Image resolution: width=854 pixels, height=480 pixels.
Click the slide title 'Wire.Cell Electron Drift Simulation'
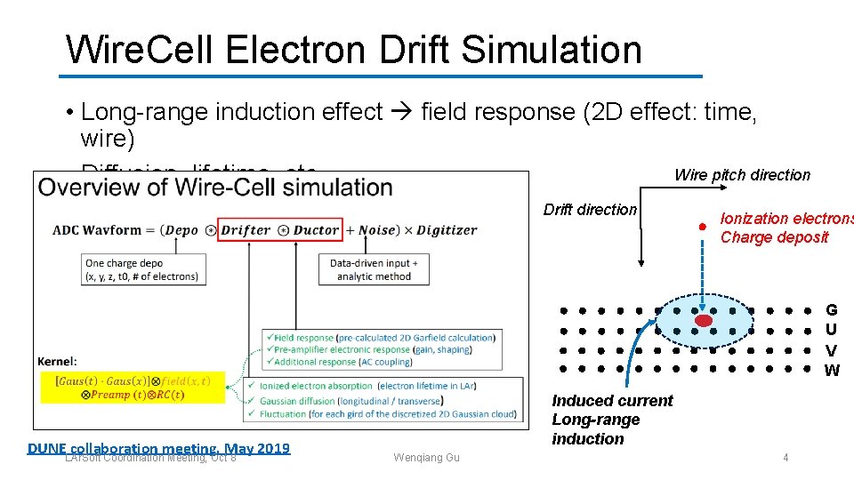(x=353, y=50)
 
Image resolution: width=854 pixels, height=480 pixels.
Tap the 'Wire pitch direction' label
(x=742, y=175)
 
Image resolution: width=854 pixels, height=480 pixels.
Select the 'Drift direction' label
(x=590, y=211)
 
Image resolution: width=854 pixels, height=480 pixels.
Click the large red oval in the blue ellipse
(x=704, y=320)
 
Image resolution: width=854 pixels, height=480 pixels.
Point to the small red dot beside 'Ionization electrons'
(x=702, y=228)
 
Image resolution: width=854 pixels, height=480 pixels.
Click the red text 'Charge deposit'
(x=774, y=237)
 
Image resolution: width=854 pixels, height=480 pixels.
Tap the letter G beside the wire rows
(x=831, y=310)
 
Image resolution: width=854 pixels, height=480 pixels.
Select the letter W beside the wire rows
(x=831, y=371)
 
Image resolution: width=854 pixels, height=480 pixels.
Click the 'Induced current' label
(x=612, y=401)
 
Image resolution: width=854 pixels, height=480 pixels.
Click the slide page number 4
(x=786, y=457)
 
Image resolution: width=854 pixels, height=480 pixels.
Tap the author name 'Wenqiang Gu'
(x=426, y=458)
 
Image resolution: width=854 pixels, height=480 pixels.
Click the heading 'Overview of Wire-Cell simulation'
(x=215, y=188)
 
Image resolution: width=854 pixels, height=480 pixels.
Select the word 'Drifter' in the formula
(x=246, y=229)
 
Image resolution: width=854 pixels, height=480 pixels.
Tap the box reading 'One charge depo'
(x=143, y=269)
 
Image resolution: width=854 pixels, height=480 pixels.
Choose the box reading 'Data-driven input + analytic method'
(x=374, y=269)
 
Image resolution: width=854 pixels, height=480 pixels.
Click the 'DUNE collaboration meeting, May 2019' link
(x=158, y=448)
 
